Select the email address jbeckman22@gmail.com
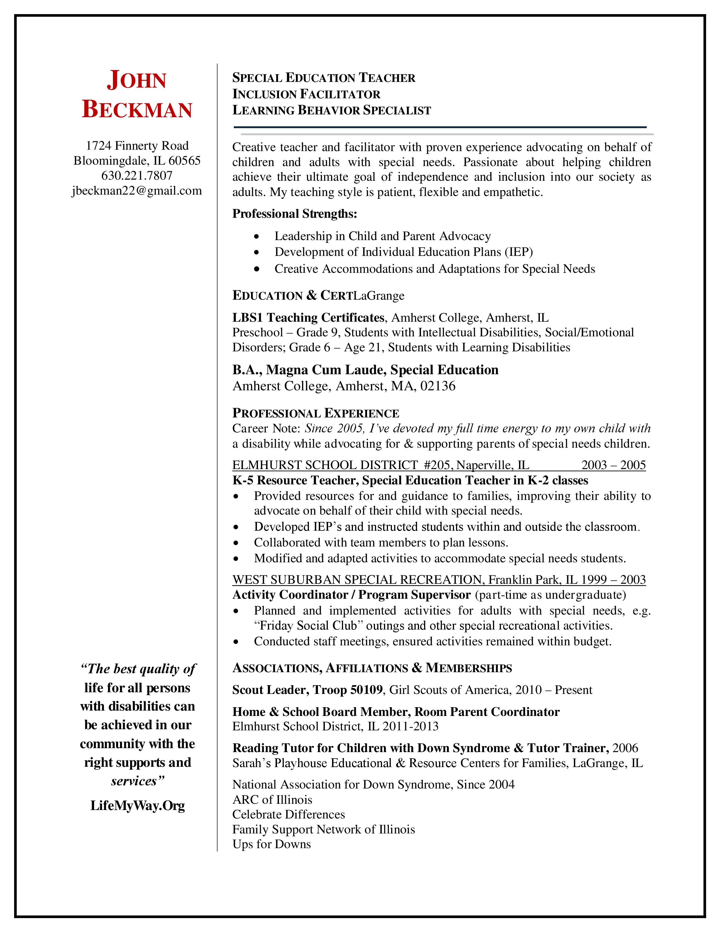click(137, 190)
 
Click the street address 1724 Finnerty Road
click(137, 146)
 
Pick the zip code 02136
click(438, 386)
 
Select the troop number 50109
click(366, 690)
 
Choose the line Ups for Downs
click(272, 844)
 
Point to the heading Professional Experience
click(316, 413)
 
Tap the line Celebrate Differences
click(288, 814)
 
